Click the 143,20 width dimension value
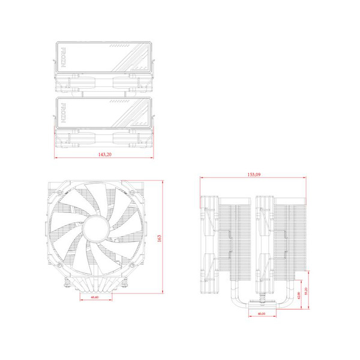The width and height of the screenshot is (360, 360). point(104,155)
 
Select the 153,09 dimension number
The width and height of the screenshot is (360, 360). point(254,175)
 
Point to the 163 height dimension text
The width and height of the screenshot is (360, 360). point(160,238)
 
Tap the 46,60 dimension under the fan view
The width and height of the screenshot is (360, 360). point(95,298)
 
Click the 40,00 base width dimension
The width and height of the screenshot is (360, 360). point(261,314)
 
